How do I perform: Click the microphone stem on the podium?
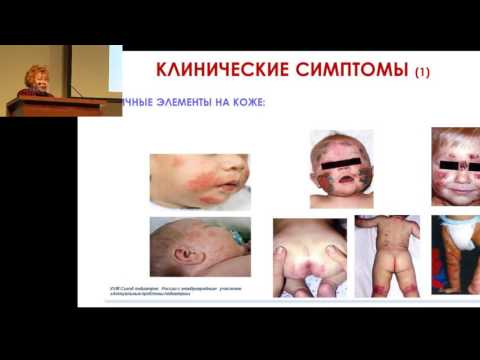[x=73, y=89]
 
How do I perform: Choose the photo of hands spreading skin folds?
[x=309, y=257]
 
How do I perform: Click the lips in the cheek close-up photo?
[x=231, y=186]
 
